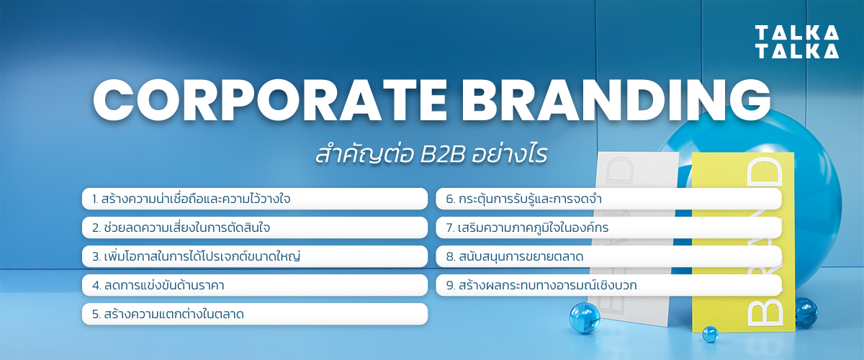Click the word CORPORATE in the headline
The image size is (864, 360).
click(x=270, y=100)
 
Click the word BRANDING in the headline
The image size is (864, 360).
click(x=616, y=100)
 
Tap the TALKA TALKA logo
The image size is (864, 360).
click(x=797, y=42)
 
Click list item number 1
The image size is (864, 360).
click(x=255, y=199)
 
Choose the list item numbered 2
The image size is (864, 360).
click(x=255, y=228)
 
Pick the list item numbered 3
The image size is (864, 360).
click(x=255, y=256)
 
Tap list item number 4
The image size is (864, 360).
click(x=255, y=285)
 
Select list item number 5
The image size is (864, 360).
click(x=255, y=314)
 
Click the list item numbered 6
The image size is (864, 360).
click(x=608, y=199)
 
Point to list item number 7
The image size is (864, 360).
click(x=608, y=228)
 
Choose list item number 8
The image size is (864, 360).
click(x=608, y=256)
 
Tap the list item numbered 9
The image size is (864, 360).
click(x=608, y=285)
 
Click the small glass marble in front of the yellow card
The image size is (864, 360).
click(x=710, y=334)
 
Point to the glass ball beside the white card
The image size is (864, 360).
click(x=585, y=318)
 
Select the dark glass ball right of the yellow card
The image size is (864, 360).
click(x=806, y=312)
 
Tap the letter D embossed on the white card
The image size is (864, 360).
click(x=619, y=170)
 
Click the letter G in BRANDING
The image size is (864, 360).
click(x=751, y=100)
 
